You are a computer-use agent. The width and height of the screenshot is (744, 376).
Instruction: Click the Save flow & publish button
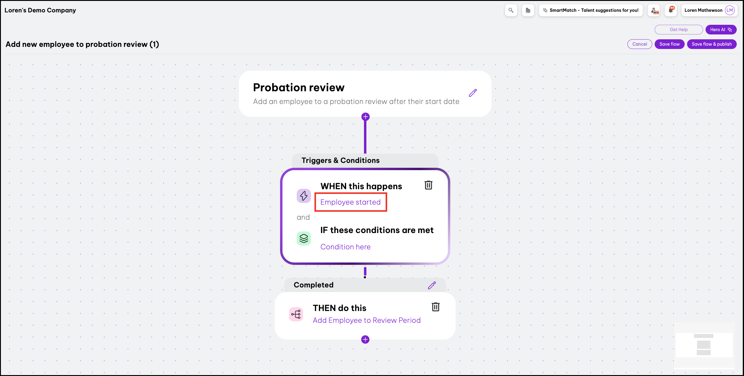coord(712,44)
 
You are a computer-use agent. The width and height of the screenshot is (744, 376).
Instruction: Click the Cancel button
coord(640,44)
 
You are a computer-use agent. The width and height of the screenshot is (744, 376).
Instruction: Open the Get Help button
coord(679,30)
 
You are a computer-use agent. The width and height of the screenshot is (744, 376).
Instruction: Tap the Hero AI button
coord(721,30)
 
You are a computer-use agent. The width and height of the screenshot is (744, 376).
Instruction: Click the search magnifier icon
coord(511,10)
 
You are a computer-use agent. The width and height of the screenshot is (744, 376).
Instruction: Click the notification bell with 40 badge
coord(671,10)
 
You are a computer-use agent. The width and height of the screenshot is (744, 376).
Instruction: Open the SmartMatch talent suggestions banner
coord(591,10)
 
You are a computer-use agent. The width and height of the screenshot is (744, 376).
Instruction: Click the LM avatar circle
coord(730,10)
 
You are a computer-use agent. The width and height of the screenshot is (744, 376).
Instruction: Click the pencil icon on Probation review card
coord(473,93)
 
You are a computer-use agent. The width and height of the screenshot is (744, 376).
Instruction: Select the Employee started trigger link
coord(350,202)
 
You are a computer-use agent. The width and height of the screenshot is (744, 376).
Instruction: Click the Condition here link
coord(346,247)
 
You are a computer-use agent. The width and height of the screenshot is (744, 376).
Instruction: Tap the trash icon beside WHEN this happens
coord(428,185)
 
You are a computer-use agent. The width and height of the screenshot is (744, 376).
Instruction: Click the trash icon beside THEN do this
coord(435,307)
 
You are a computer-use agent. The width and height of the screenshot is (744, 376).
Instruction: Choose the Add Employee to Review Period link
coord(367,320)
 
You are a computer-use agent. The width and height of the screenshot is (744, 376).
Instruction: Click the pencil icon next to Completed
coord(432,285)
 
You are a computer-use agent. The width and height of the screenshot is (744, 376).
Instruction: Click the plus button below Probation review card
coord(365,117)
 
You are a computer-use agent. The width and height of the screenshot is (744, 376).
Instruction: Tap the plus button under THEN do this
coord(365,339)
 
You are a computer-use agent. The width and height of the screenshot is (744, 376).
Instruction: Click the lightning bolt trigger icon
coord(304,196)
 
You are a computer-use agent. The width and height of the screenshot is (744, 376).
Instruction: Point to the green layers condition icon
coord(304,238)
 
